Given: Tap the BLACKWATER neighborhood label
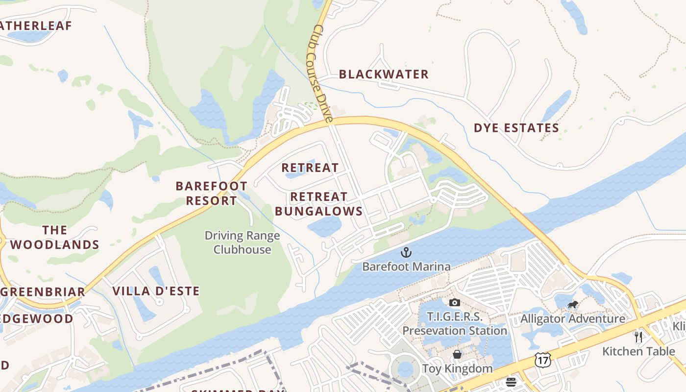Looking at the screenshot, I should pyautogui.click(x=384, y=74).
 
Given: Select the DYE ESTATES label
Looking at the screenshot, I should pyautogui.click(x=516, y=128).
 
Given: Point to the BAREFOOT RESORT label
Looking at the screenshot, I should pyautogui.click(x=211, y=194).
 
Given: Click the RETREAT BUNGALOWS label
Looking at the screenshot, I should pyautogui.click(x=318, y=204).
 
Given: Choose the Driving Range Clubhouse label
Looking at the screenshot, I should pyautogui.click(x=242, y=243).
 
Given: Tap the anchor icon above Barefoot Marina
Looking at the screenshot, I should pyautogui.click(x=406, y=253).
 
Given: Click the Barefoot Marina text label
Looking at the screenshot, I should pyautogui.click(x=406, y=267).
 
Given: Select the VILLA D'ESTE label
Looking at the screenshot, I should pyautogui.click(x=156, y=291).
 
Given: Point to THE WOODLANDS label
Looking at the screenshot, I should pyautogui.click(x=54, y=238).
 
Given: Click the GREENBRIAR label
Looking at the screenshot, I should pyautogui.click(x=43, y=292).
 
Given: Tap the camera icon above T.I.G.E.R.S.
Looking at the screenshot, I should pyautogui.click(x=455, y=302).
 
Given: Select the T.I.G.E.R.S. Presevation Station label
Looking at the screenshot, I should pyautogui.click(x=455, y=324).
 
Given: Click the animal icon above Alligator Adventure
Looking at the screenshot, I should pyautogui.click(x=572, y=305).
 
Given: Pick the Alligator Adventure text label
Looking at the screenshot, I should pyautogui.click(x=573, y=319).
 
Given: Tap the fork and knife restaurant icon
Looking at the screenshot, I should pyautogui.click(x=638, y=337).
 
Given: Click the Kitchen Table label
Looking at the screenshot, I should pyautogui.click(x=638, y=351).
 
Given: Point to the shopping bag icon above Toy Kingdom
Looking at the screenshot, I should pyautogui.click(x=457, y=354).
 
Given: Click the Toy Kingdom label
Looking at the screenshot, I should pyautogui.click(x=457, y=368).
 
